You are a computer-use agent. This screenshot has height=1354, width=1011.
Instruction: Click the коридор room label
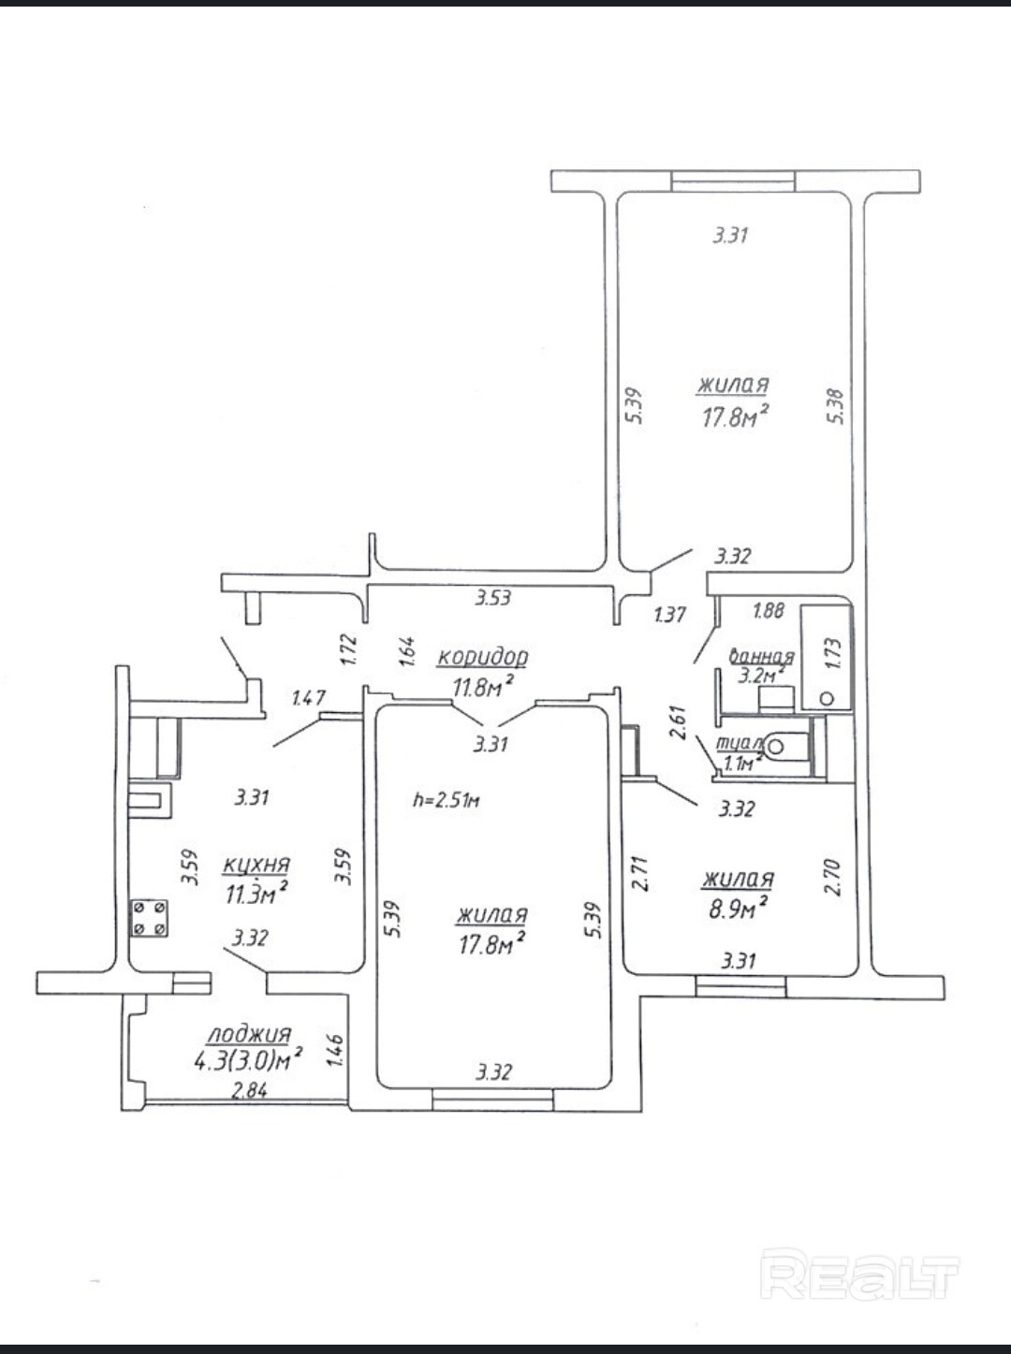pyautogui.click(x=482, y=657)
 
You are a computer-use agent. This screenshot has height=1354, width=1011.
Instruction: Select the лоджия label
pyautogui.click(x=249, y=1035)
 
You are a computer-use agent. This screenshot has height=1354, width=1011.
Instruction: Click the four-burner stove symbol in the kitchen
pyautogui.click(x=150, y=917)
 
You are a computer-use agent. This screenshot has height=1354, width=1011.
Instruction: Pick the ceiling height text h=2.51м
pyautogui.click(x=446, y=800)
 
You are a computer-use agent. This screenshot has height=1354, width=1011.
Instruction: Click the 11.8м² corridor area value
pyautogui.click(x=482, y=689)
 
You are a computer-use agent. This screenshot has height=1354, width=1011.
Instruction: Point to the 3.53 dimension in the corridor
pyautogui.click(x=492, y=598)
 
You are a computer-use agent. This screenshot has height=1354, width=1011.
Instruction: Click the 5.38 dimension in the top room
pyautogui.click(x=836, y=407)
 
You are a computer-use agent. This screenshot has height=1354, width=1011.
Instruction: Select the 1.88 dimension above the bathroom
pyautogui.click(x=769, y=612)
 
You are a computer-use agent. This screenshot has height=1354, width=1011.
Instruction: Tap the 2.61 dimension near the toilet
pyautogui.click(x=681, y=721)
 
